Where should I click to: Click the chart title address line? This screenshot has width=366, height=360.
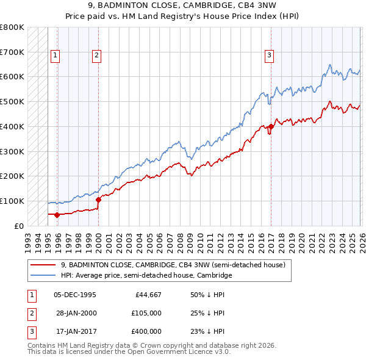[182, 6]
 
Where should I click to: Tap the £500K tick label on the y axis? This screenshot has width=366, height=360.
[12, 101]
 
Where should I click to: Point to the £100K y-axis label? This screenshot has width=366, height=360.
[12, 201]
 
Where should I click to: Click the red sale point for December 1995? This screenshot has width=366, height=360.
[57, 215]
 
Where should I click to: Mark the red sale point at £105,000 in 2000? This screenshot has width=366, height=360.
[98, 199]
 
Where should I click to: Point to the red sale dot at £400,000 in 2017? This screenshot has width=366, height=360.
[270, 126]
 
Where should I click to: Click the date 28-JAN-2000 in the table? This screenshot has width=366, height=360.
[74, 313]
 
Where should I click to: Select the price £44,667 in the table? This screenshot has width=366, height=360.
[145, 295]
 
